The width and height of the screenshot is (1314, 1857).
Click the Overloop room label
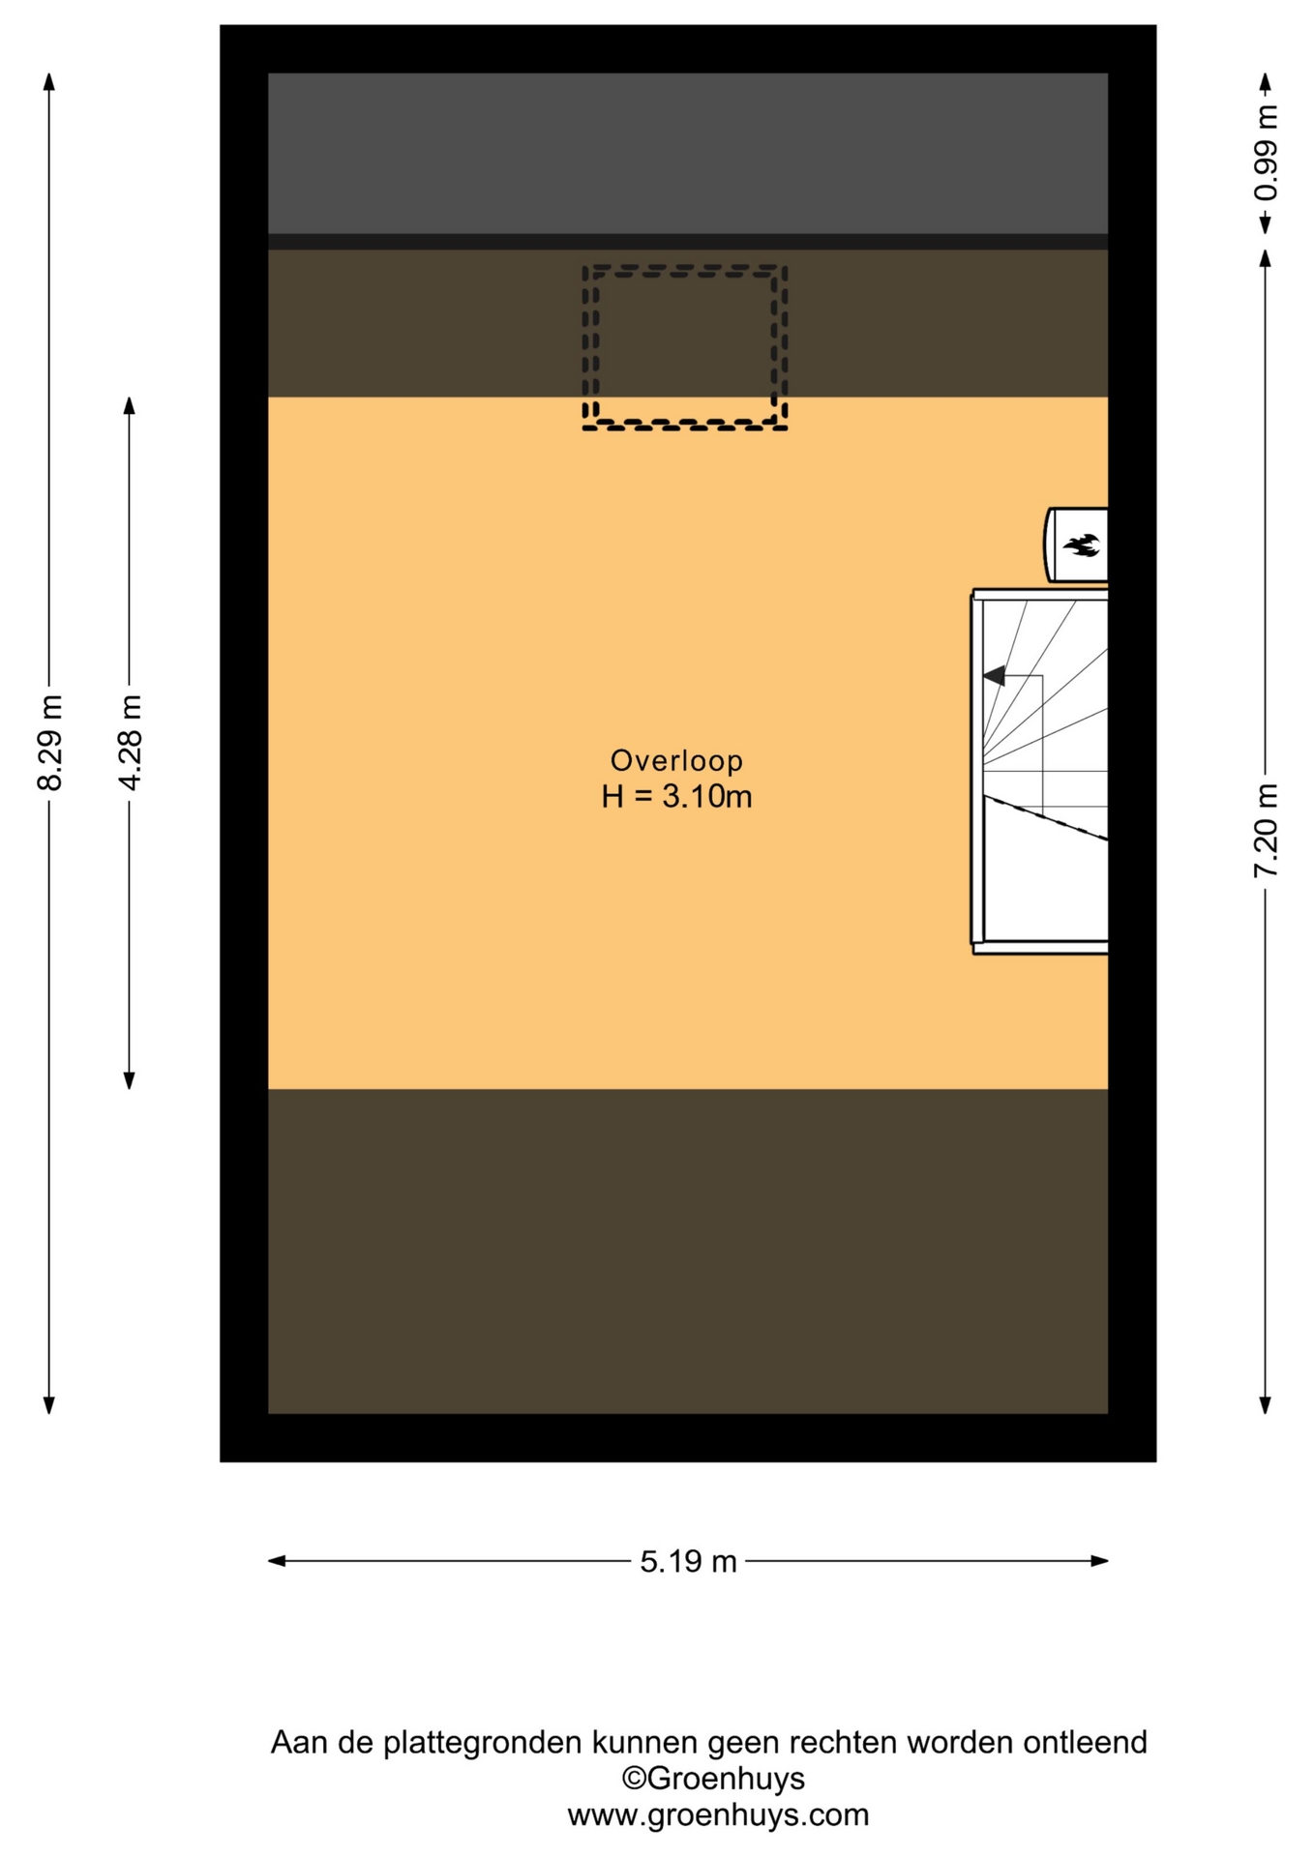(676, 760)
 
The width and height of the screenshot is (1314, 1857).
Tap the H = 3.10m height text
(676, 797)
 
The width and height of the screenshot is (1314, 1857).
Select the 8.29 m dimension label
(49, 742)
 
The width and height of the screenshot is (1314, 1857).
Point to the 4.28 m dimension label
(130, 742)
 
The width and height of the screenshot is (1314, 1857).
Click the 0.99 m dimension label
(1266, 153)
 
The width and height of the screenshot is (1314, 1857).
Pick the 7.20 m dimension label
(1266, 831)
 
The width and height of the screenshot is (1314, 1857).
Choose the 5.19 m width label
(688, 1561)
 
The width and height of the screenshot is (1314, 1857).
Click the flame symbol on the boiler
(1082, 545)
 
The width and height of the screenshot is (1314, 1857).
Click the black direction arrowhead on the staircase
(994, 676)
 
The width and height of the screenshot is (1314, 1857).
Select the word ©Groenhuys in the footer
(713, 1778)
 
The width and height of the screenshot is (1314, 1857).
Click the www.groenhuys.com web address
(718, 1814)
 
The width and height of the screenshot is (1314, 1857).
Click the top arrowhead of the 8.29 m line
(49, 81)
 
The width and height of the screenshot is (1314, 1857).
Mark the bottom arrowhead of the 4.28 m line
(130, 1080)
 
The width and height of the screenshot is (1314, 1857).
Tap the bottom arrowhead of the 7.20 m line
(1265, 1404)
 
